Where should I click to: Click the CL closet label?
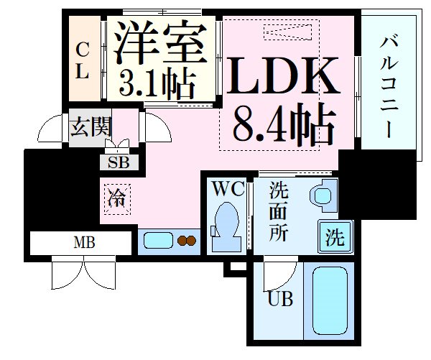tap(82, 60)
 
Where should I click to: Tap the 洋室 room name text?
tap(160, 42)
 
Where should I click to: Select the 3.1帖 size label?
tap(157, 83)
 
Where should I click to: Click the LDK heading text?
tap(282, 75)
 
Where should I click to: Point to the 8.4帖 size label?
tap(284, 124)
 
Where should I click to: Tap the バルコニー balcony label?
tap(389, 88)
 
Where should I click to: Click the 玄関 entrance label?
tap(91, 126)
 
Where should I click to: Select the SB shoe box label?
tap(119, 162)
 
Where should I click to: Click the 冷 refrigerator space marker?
tap(117, 199)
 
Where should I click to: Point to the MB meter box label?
tap(84, 243)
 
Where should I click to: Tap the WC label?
tap(228, 188)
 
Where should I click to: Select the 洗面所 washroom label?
tap(279, 211)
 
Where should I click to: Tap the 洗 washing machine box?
tap(335, 236)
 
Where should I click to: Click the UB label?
tap(280, 299)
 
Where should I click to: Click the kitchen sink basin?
tap(158, 241)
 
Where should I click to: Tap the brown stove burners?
tap(187, 241)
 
